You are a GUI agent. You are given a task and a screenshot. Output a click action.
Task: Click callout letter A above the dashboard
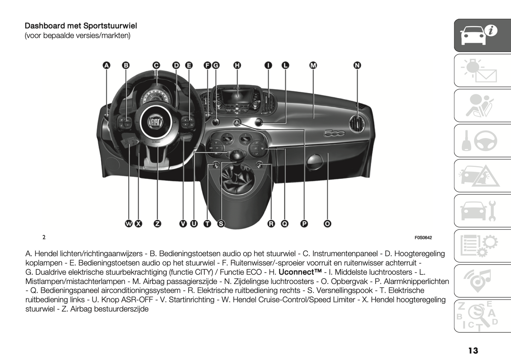pos(106,65)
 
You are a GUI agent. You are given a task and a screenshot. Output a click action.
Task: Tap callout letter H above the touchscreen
pos(237,65)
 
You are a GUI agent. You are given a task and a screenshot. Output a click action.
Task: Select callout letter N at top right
pos(357,65)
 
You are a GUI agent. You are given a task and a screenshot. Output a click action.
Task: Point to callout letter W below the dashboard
pos(129,223)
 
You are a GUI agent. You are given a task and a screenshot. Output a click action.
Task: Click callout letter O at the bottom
pos(327,223)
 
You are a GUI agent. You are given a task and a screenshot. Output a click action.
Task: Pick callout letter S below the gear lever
pos(221,223)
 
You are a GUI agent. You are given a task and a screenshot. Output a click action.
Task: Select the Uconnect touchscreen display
pos(237,95)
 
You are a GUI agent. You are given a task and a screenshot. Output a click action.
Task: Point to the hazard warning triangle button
pos(237,123)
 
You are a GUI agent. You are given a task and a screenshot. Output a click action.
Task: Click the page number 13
pos(473,350)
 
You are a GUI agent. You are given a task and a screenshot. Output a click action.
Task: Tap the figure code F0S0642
pos(423,238)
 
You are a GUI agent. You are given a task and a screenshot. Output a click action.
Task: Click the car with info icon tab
pos(482,35)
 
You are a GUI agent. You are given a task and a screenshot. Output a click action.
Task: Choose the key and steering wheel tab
pos(482,141)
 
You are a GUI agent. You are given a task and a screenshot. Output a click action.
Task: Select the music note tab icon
pos(482,281)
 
